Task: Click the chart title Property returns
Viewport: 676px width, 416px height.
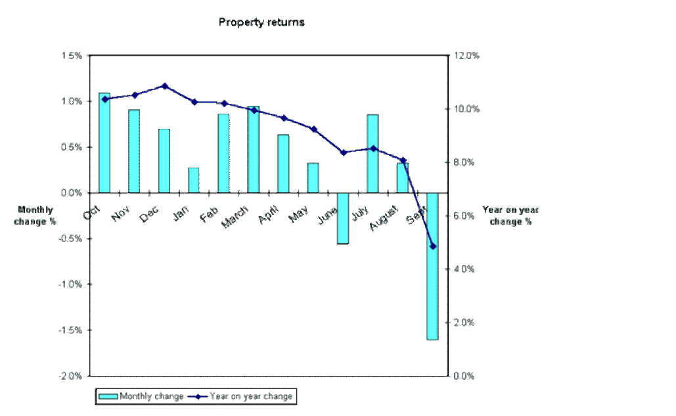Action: point(261,22)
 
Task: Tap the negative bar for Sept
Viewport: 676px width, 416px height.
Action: point(432,266)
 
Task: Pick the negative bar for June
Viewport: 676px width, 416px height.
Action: point(343,218)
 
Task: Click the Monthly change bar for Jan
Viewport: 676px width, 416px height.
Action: point(194,180)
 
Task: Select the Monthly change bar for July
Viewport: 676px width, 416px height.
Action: point(372,154)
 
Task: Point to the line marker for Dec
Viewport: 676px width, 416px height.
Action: point(164,86)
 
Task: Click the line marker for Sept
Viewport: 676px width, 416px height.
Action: point(432,246)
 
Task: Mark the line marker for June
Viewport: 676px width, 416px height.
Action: point(343,152)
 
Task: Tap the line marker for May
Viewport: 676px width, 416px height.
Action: point(313,129)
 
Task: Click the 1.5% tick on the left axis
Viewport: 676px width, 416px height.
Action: point(72,56)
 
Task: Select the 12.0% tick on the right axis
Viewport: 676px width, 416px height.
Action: point(468,56)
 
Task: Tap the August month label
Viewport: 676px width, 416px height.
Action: point(383,218)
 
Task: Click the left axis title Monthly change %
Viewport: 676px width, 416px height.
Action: point(37,216)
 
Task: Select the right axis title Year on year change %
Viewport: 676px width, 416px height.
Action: point(510,216)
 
